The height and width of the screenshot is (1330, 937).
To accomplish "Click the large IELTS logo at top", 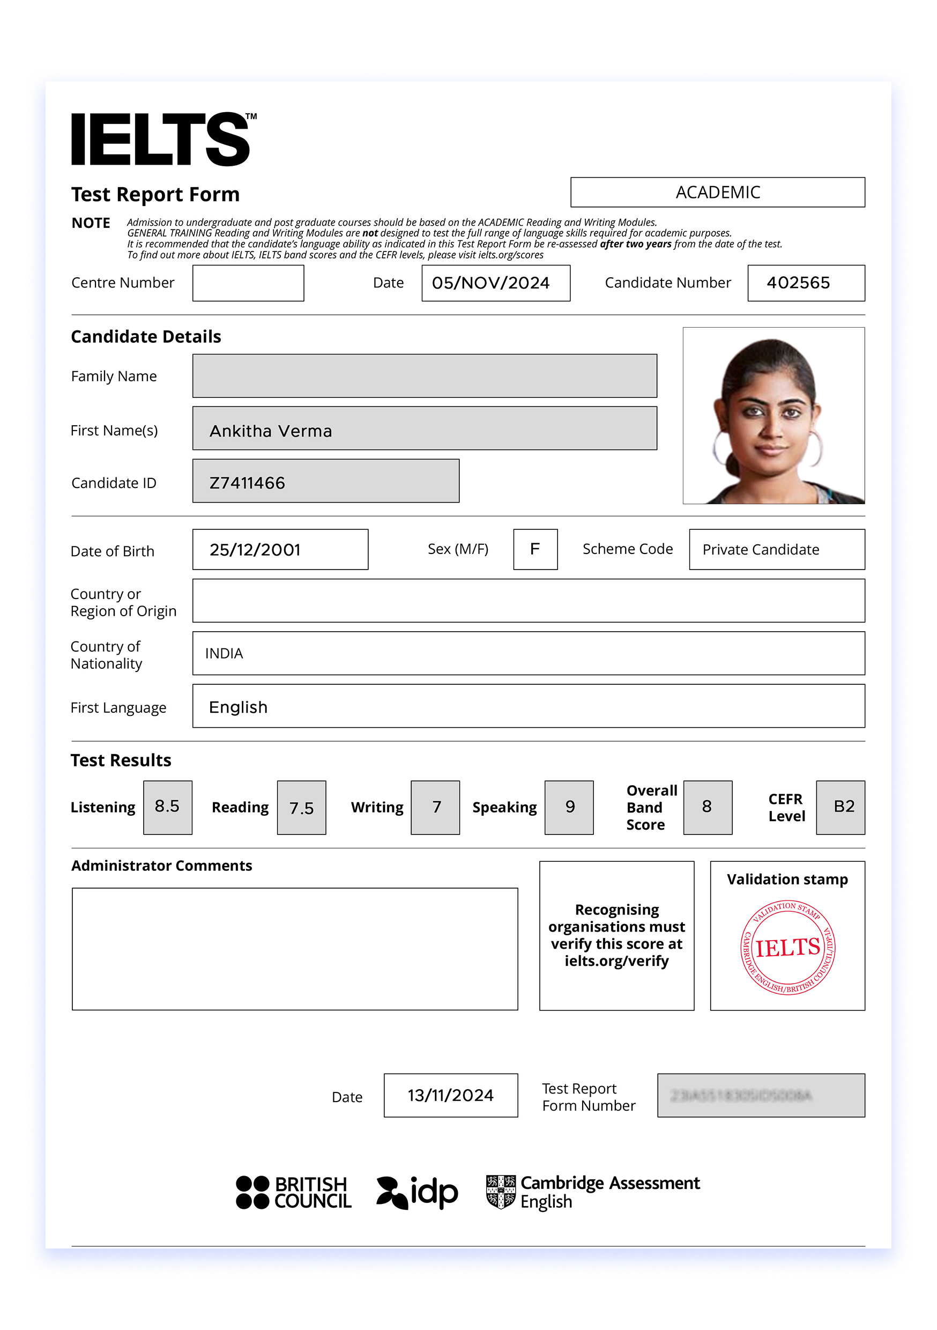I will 162,139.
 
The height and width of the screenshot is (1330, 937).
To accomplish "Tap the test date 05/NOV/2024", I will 491,283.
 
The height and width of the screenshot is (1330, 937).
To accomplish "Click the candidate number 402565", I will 798,283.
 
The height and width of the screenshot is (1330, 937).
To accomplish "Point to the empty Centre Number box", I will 248,283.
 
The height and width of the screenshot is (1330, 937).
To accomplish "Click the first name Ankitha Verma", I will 271,431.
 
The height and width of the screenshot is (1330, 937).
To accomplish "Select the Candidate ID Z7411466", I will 247,483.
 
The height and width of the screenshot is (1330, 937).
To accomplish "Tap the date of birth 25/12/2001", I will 255,550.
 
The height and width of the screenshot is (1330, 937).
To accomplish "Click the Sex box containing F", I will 535,549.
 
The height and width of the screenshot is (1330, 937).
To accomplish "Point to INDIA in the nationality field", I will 224,653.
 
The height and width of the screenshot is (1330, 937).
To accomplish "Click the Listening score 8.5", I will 167,807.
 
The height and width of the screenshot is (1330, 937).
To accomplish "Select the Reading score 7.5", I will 301,808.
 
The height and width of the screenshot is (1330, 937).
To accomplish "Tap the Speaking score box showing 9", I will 569,807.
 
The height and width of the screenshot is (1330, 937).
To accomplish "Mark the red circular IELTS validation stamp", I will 787,948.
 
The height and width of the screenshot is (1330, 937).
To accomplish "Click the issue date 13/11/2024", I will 451,1096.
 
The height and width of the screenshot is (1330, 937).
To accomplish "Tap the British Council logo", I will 293,1193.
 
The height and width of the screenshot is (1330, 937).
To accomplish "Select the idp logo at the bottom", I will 417,1193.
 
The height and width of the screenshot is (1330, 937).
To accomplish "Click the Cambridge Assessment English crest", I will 501,1192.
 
